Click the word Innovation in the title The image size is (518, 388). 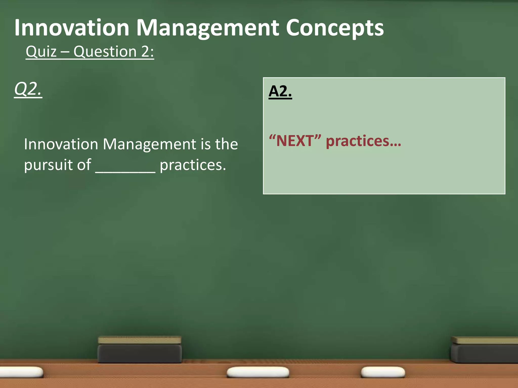pyautogui.click(x=72, y=28)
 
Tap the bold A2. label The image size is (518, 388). pyautogui.click(x=280, y=91)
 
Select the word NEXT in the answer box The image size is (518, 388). pyautogui.click(x=295, y=141)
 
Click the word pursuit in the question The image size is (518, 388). pyautogui.click(x=57, y=165)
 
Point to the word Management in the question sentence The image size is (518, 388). pyautogui.click(x=149, y=144)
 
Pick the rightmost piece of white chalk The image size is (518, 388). pyautogui.click(x=382, y=372)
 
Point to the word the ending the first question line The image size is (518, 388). pyautogui.click(x=226, y=144)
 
